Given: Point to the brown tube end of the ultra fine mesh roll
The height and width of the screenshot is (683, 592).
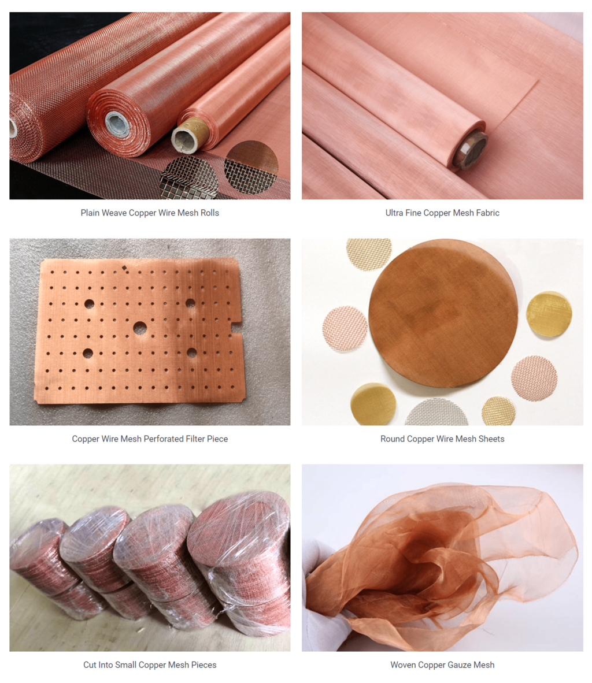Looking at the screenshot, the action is [469, 151].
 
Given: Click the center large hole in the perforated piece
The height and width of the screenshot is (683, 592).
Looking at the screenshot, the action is [139, 328].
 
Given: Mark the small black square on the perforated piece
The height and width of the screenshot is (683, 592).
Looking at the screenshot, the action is [125, 268].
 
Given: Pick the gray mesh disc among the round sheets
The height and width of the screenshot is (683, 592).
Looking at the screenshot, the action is [437, 413].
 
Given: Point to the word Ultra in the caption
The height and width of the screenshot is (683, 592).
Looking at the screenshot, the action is [395, 213].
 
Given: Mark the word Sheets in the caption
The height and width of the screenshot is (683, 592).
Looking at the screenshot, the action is [491, 439].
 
